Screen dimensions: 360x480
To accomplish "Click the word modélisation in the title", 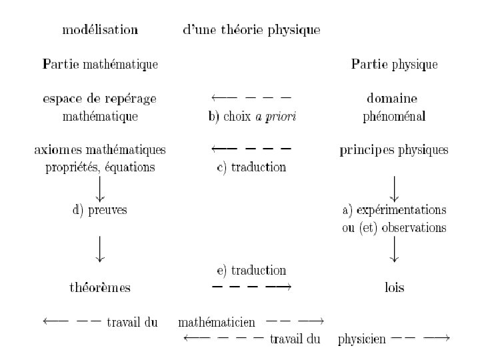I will pos(100,30).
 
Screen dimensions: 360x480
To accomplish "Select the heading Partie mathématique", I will pos(100,65).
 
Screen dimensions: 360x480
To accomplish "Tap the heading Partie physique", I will pos(394,65).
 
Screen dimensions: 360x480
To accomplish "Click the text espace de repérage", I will pos(100,99).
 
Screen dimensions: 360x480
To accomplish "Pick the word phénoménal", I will pos(394,117).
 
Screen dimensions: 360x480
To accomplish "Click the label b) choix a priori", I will pos(252,117).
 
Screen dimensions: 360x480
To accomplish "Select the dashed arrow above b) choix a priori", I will pos(249,99).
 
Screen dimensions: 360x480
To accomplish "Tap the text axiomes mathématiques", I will pos(100,150).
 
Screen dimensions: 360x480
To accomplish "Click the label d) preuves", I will pos(100,210).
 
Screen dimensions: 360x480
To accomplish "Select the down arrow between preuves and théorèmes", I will pos(100,247).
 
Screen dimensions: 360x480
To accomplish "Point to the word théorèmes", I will pos(100,289).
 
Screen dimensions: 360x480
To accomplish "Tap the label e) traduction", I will pos(251,271).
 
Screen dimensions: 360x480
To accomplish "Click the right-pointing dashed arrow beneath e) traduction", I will pos(251,287).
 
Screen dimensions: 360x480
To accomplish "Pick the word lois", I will pos(394,289).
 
